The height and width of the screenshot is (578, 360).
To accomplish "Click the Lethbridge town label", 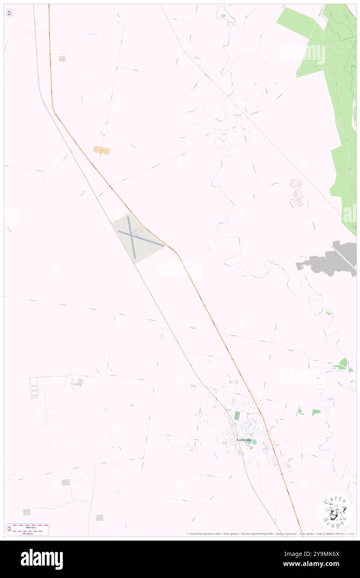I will click(244, 440).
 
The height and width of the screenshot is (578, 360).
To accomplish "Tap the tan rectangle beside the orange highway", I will click(102, 150).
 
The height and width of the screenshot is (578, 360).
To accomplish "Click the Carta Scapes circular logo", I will click(335, 511).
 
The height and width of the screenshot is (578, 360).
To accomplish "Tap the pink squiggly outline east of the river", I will click(297, 193).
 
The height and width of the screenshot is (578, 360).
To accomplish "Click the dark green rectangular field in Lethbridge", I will click(237, 415).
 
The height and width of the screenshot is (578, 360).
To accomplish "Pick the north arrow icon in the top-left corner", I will click(9, 13).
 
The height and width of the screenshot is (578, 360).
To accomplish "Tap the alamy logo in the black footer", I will click(42, 559).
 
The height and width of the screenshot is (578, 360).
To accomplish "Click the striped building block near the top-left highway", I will click(62, 59).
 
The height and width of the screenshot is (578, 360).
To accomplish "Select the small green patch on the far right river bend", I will click(343, 365).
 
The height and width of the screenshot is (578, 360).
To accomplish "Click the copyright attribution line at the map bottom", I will click(270, 534).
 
